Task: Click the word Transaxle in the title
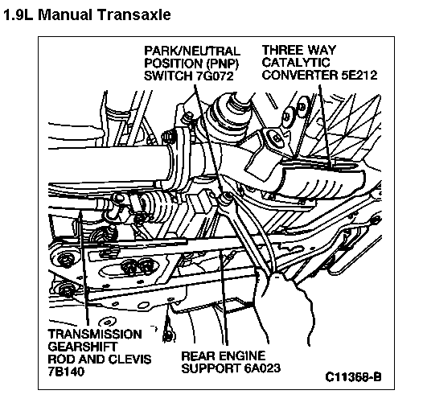click(x=133, y=14)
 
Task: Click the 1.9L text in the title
click(x=18, y=14)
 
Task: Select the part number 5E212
click(x=359, y=75)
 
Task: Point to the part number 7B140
click(x=66, y=372)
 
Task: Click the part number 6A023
click(x=262, y=368)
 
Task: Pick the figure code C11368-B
click(x=353, y=376)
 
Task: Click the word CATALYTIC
click(x=296, y=63)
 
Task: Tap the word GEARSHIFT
click(x=83, y=347)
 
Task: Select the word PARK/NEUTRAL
click(x=192, y=51)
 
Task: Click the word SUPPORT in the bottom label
click(x=211, y=368)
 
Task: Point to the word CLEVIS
click(x=129, y=360)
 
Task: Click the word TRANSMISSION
click(x=95, y=335)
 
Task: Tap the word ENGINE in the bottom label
click(x=239, y=355)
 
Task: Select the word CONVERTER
click(x=300, y=75)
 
